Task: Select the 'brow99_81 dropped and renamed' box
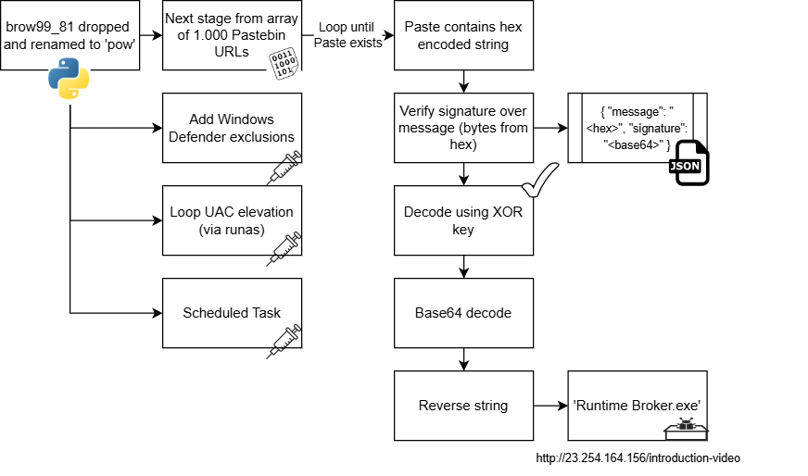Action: [69, 35]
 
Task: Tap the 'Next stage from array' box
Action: [232, 35]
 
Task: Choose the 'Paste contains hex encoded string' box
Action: [463, 35]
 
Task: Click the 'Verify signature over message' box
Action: [463, 128]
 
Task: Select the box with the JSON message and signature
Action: [637, 128]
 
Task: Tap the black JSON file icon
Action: [688, 164]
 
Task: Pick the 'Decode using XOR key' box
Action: [463, 220]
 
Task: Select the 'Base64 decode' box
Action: [463, 313]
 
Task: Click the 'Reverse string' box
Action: [463, 406]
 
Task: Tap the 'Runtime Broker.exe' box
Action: [637, 406]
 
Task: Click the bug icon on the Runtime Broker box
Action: [686, 428]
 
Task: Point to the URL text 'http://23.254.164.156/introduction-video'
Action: [638, 457]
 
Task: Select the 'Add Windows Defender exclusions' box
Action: [232, 128]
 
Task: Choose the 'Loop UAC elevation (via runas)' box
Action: [232, 220]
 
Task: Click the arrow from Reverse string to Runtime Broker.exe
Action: [550, 406]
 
